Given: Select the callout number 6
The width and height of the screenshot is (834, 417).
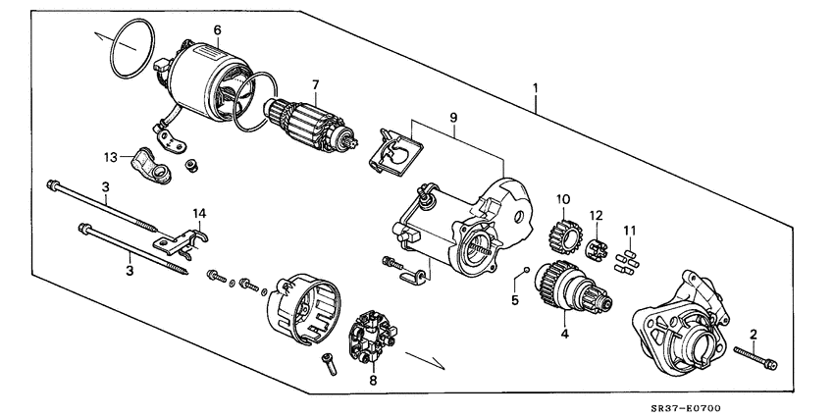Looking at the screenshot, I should (x=218, y=30).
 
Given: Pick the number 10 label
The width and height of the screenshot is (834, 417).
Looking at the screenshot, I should (x=563, y=199).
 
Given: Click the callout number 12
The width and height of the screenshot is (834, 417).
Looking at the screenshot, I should (x=595, y=215).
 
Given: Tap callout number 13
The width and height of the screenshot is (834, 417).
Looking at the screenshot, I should (x=113, y=157).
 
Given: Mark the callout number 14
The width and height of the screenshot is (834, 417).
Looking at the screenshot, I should (x=200, y=213).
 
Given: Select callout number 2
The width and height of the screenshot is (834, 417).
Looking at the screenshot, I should (x=753, y=334).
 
